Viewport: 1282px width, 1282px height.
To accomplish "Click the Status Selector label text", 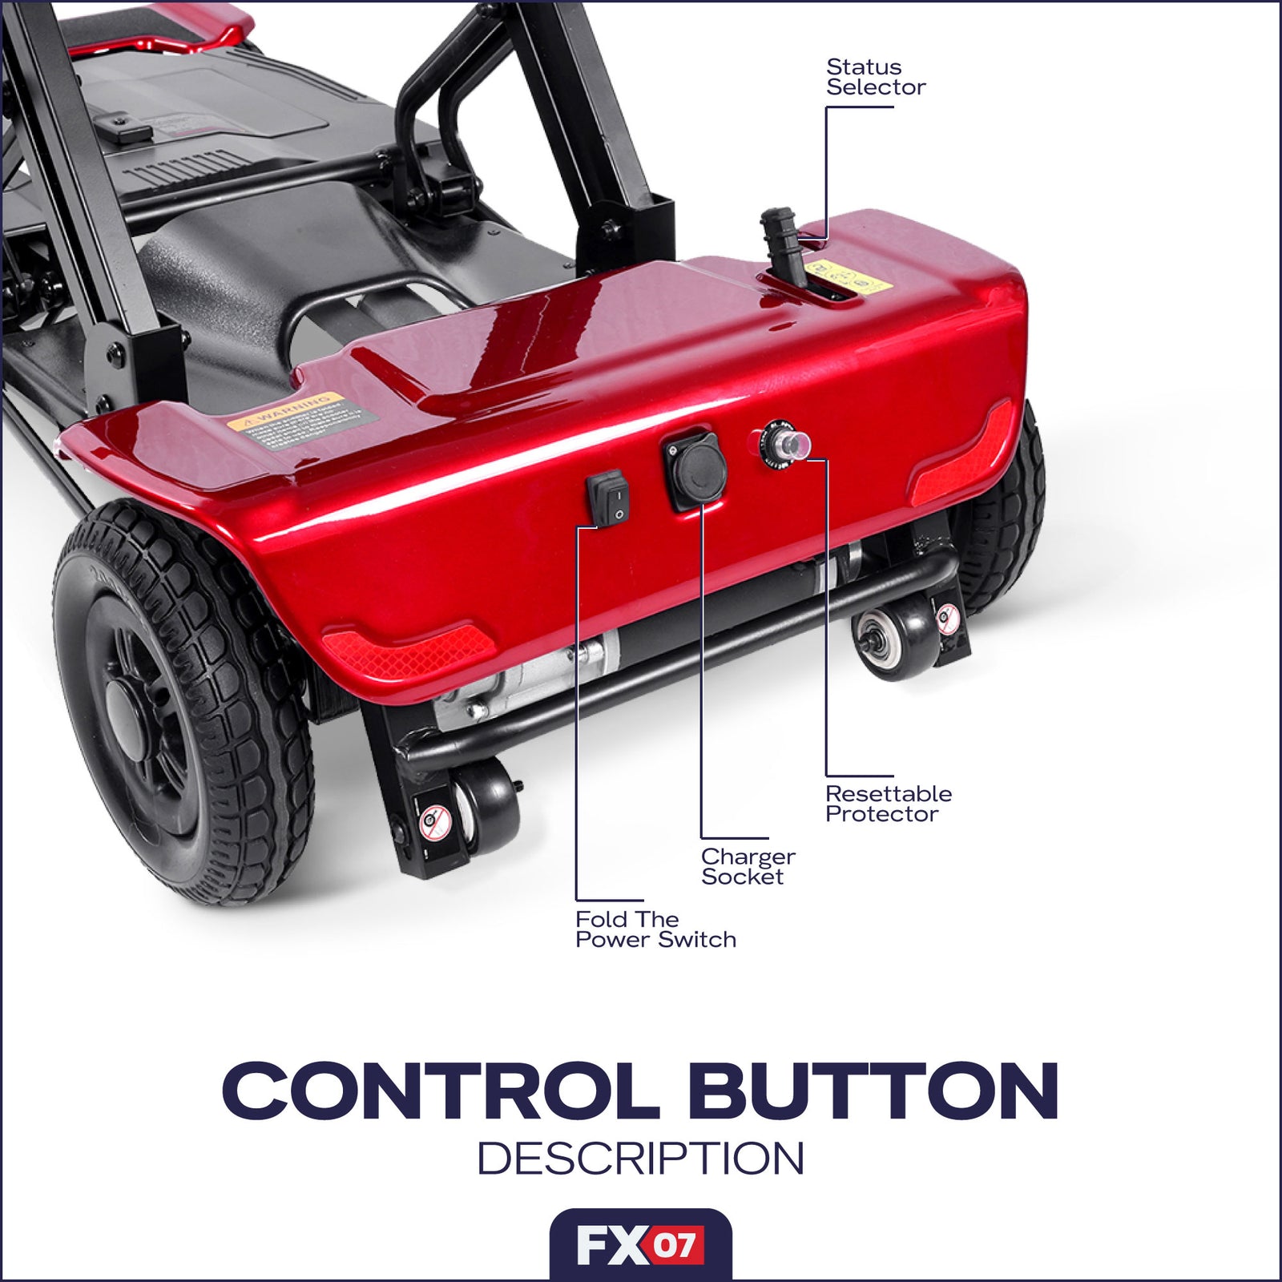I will [875, 77].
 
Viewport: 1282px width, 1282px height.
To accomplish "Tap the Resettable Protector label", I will [888, 804].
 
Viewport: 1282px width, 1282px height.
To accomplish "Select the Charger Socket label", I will [748, 866].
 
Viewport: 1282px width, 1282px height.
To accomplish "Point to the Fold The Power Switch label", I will [655, 929].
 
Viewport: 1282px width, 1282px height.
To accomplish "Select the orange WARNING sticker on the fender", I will [300, 420].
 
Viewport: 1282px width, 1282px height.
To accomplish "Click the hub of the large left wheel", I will [129, 710].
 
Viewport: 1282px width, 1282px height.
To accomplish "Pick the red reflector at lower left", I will [405, 650].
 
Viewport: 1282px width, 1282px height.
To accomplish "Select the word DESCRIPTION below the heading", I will [641, 1159].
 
